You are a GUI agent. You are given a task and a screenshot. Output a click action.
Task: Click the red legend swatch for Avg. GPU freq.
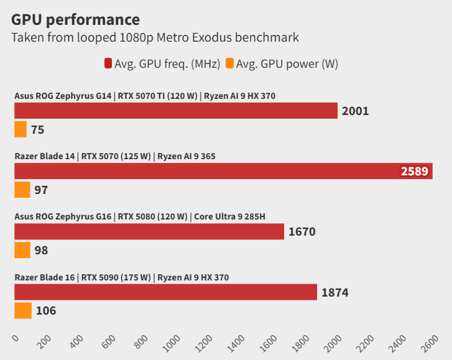pyautogui.click(x=108, y=63)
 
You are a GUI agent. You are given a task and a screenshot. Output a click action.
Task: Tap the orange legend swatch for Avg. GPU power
pyautogui.click(x=229, y=63)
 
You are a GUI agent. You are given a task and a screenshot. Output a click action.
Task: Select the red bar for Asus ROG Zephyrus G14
pyautogui.click(x=176, y=111)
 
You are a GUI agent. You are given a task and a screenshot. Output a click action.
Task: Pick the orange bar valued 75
pyautogui.click(x=21, y=129)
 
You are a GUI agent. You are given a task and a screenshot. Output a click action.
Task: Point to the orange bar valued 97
pyautogui.click(x=22, y=190)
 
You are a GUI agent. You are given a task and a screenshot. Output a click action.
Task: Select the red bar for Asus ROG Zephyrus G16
pyautogui.click(x=149, y=232)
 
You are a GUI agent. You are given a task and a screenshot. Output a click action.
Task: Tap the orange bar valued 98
pyautogui.click(x=22, y=250)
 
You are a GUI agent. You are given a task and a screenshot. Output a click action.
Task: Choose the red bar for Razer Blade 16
pyautogui.click(x=165, y=292)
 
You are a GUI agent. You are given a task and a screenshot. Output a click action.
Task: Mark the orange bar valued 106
pyautogui.click(x=23, y=310)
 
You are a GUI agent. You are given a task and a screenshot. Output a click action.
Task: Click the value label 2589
pyautogui.click(x=414, y=171)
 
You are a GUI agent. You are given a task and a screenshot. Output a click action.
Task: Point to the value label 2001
pyautogui.click(x=355, y=111)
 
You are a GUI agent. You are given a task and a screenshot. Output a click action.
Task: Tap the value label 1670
pyautogui.click(x=302, y=232)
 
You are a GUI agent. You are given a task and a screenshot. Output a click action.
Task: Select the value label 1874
pyautogui.click(x=335, y=292)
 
